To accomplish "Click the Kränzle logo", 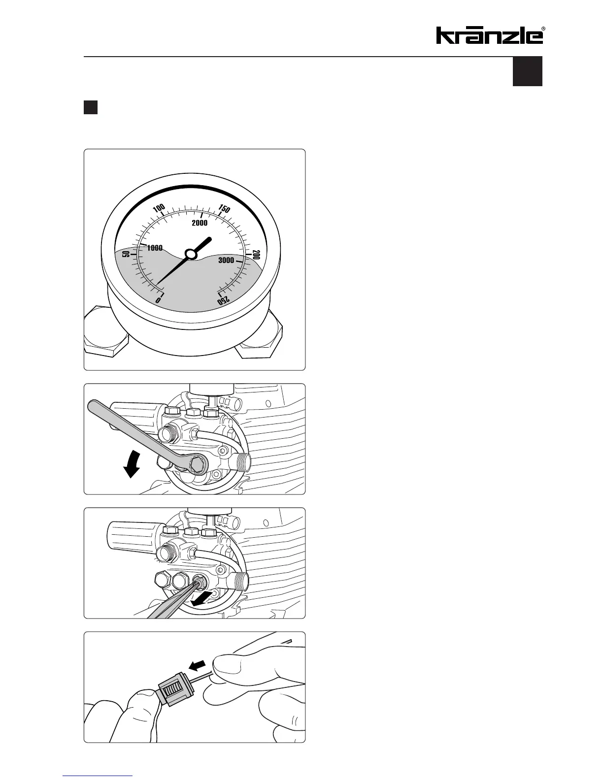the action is point(490,35).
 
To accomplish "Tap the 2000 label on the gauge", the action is point(200,223).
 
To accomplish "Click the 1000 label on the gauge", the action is point(155,248).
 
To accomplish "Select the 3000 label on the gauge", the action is point(226,260).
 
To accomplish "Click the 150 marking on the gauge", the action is point(224,208).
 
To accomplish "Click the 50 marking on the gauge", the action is point(126,255).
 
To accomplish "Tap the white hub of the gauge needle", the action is point(190,254).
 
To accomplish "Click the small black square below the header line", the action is point(90,108).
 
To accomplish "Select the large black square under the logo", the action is point(528,71).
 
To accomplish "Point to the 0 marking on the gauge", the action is point(158,299).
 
